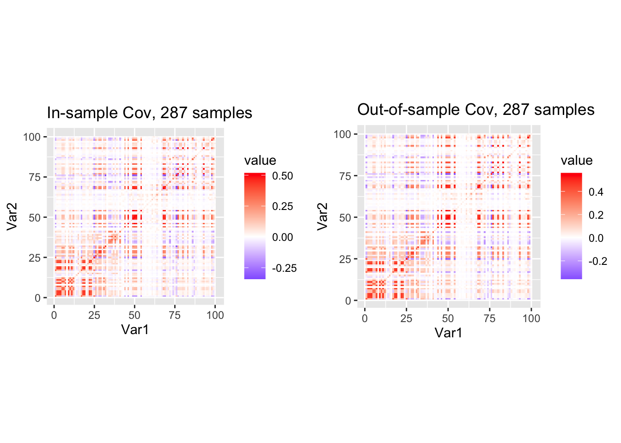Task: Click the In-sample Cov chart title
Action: tap(149, 113)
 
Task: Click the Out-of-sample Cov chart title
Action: tap(475, 110)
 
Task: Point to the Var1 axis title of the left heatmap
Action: tap(135, 329)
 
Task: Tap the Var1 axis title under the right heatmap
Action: tap(448, 333)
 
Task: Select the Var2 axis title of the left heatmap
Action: tap(12, 217)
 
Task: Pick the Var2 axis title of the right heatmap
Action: tap(323, 216)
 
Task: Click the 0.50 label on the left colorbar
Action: tap(282, 176)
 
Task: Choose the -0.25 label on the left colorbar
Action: tap(284, 268)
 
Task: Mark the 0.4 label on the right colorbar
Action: tap(596, 192)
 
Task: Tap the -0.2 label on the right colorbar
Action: tap(598, 261)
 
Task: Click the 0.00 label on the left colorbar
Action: tap(282, 237)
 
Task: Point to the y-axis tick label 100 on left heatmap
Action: tap(32, 137)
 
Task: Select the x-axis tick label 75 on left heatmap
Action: tap(175, 315)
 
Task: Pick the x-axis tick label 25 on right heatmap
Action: tap(406, 318)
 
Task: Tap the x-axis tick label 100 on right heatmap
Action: tap(531, 318)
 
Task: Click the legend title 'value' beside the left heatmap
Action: tap(260, 161)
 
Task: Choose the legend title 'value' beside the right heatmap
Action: tap(577, 161)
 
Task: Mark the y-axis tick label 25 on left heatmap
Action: tap(35, 258)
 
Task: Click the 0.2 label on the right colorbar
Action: tap(596, 215)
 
